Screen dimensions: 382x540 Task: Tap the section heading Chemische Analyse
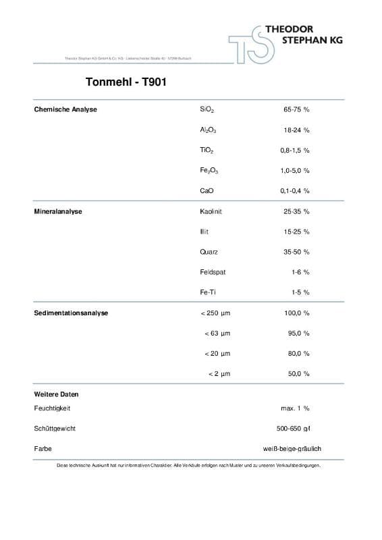[x=65, y=109]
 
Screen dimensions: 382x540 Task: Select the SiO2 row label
[x=207, y=109]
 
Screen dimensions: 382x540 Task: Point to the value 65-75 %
[x=296, y=109]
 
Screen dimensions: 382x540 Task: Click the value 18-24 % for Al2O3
[x=296, y=130]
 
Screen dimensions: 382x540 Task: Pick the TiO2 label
[x=207, y=150]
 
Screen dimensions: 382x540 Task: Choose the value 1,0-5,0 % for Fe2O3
[x=295, y=171]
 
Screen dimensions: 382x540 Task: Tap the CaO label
[x=207, y=191]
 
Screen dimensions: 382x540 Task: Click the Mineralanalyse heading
[x=58, y=211]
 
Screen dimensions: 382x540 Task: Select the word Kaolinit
[x=211, y=211]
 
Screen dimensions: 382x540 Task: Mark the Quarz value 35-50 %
[x=296, y=252]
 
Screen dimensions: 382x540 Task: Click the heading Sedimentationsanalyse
[x=71, y=313]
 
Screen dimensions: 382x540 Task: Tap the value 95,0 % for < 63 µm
[x=298, y=333]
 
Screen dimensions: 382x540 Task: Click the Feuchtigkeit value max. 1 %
[x=295, y=408]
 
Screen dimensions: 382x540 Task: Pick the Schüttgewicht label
[x=54, y=429]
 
